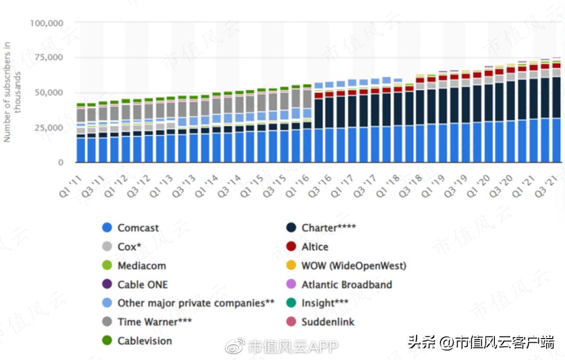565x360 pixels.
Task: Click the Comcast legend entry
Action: [138, 228]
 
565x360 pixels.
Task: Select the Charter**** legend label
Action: [326, 228]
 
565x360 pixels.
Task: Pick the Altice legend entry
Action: [315, 246]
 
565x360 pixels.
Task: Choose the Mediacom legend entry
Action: [142, 265]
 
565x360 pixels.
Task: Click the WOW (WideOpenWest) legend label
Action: [354, 265]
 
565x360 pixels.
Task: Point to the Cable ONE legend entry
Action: [143, 285]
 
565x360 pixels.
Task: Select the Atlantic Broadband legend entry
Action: [346, 285]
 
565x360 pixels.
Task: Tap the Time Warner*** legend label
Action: [148, 322]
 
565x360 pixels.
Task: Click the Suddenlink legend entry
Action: [327, 322]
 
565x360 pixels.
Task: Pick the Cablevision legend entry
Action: [144, 341]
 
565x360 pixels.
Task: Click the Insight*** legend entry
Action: [325, 303]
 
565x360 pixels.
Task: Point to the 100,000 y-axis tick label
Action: [47, 23]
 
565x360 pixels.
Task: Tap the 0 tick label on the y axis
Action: [61, 162]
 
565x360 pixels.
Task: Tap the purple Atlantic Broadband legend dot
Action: [291, 285]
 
